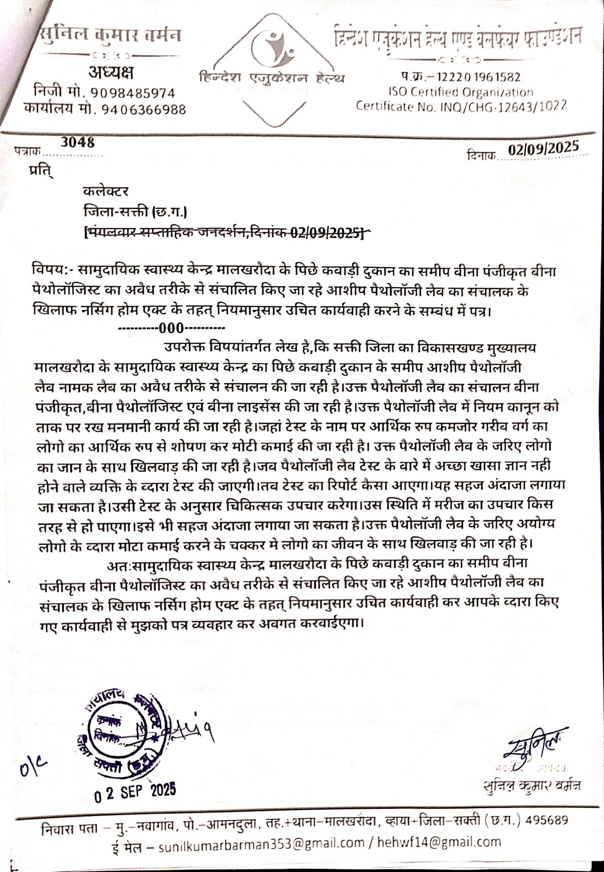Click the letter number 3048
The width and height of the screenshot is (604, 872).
(77, 143)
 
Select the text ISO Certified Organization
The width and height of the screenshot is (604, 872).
(461, 92)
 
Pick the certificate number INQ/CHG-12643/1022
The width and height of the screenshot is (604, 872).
(503, 106)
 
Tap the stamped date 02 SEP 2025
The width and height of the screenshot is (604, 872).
(135, 791)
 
